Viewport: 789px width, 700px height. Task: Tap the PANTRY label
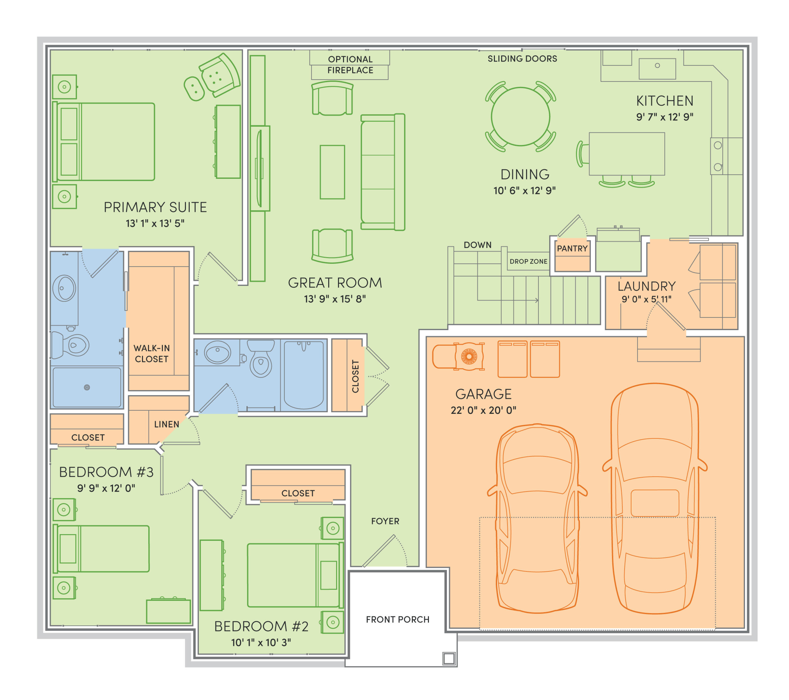[572, 249]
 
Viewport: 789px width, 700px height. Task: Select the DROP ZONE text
[528, 261]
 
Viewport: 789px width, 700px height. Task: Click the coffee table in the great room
[332, 172]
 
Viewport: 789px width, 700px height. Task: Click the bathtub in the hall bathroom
[304, 375]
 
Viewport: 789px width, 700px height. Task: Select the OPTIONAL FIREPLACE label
[350, 64]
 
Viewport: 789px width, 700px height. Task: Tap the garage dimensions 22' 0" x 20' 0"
[483, 410]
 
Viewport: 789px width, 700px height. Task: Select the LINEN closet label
[167, 424]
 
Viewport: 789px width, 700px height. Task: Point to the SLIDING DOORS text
[522, 59]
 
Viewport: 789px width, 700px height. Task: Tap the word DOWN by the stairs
[478, 245]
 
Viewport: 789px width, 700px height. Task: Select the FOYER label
[385, 521]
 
